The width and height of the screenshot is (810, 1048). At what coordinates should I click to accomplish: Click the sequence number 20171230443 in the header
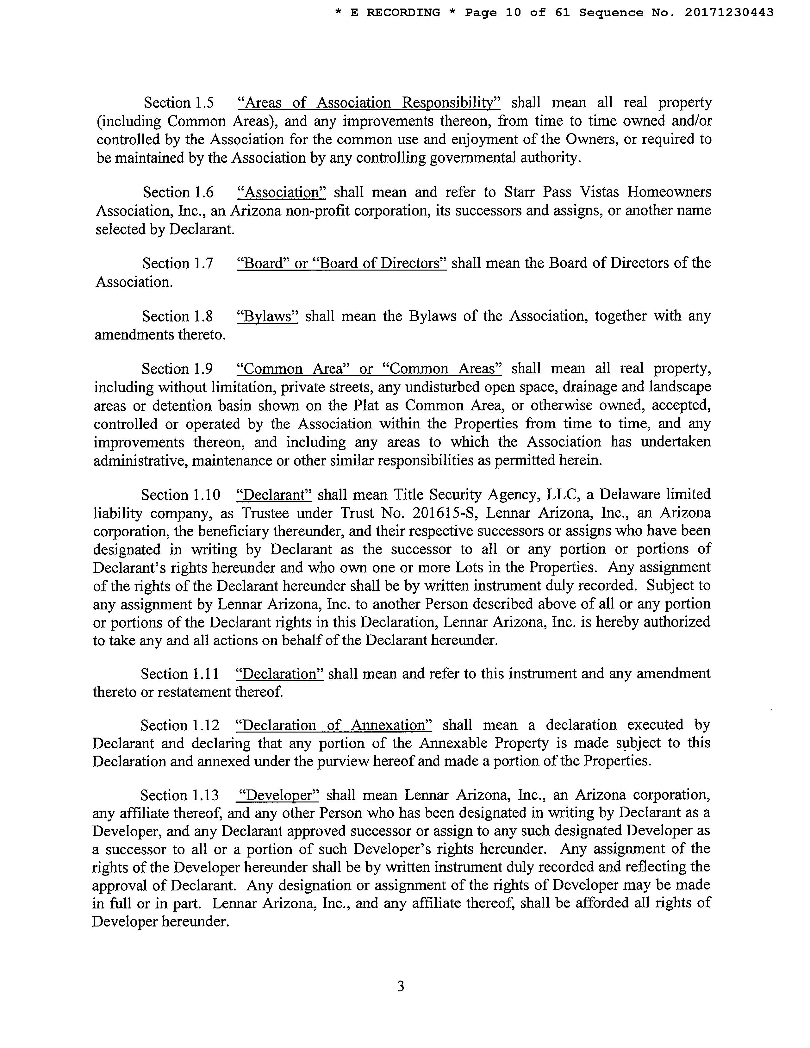coord(729,12)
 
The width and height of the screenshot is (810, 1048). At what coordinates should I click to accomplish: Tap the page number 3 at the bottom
coord(401,986)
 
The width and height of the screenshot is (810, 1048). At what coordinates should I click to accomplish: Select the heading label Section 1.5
coord(178,103)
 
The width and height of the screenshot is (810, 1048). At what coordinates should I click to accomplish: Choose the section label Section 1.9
coord(177,369)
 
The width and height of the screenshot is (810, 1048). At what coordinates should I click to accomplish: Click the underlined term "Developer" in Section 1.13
coord(279,795)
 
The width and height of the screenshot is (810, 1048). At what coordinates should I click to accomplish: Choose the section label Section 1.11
coord(179,674)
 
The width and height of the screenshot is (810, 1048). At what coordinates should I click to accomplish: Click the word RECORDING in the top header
coord(403,12)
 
